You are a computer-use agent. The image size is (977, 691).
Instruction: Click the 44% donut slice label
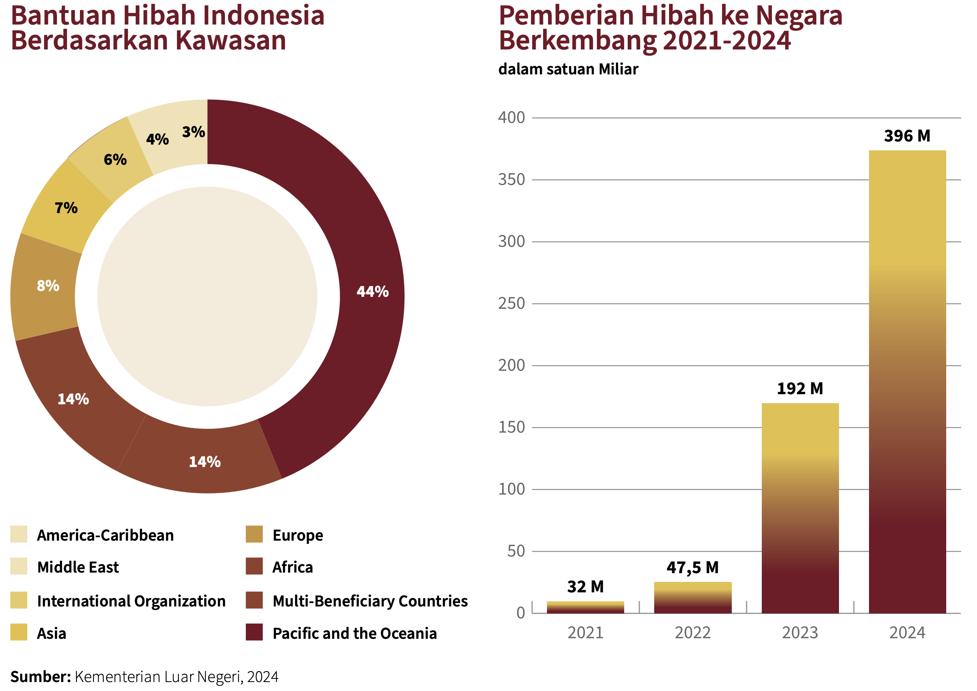point(372,292)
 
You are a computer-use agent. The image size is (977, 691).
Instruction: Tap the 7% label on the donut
point(66,208)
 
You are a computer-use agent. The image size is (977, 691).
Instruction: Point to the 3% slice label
point(193,132)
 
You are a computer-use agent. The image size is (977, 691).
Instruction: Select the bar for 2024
point(907,383)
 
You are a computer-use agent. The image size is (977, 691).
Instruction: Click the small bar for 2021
point(585,607)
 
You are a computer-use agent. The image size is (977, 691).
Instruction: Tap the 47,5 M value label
point(692,568)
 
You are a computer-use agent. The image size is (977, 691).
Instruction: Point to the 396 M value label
point(907,136)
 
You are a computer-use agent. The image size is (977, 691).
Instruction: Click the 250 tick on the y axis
point(512,304)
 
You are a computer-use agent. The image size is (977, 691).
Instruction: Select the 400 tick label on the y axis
point(512,118)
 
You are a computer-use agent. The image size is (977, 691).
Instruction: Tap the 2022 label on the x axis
point(692,633)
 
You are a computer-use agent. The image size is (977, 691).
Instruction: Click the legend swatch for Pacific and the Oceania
point(254,632)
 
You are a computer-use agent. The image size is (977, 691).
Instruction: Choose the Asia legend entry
point(51,634)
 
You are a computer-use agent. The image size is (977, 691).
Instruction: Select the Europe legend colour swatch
point(254,534)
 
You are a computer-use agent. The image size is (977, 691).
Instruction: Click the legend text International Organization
point(131,601)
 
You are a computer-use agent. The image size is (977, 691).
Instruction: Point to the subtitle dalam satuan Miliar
point(568,69)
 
